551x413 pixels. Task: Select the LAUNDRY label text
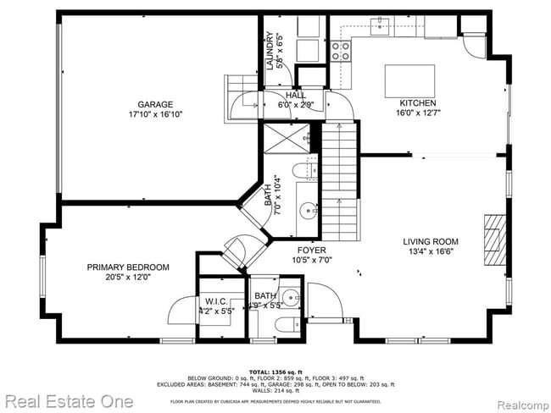tap(269, 51)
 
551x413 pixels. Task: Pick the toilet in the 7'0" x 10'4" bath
tap(303, 173)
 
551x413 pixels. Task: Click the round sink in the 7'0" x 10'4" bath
tap(303, 211)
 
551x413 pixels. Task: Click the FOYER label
tap(312, 250)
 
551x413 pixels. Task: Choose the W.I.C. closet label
tap(214, 301)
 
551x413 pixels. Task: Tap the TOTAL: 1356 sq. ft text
tap(275, 372)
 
